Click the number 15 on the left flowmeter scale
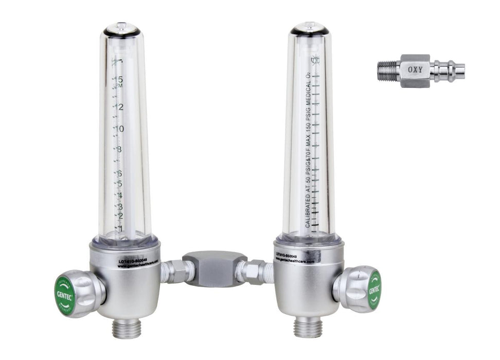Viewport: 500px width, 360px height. point(119,80)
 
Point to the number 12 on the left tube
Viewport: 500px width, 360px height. point(119,107)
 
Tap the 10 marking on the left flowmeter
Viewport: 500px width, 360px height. point(119,129)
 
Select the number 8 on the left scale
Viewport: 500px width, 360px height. point(119,150)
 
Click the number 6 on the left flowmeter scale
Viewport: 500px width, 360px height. point(119,174)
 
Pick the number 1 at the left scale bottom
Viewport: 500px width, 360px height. point(119,228)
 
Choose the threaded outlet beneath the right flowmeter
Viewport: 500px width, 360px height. point(307,326)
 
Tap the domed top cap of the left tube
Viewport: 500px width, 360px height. point(121,29)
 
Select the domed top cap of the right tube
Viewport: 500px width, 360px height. point(309,29)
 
